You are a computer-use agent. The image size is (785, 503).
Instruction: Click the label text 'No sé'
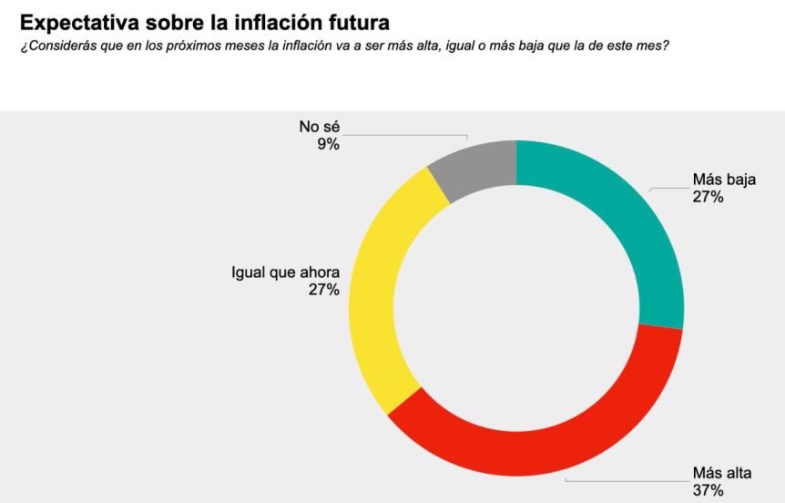point(319,127)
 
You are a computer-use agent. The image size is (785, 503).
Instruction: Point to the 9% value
point(328,144)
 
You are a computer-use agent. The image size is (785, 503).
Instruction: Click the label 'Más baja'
point(724,179)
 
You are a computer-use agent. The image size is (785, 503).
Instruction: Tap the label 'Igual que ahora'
point(286,272)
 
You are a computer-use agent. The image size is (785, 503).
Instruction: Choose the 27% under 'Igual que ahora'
point(324,290)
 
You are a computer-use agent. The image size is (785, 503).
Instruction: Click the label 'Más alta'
point(723,474)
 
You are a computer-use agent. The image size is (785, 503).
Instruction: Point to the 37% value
point(708,491)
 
